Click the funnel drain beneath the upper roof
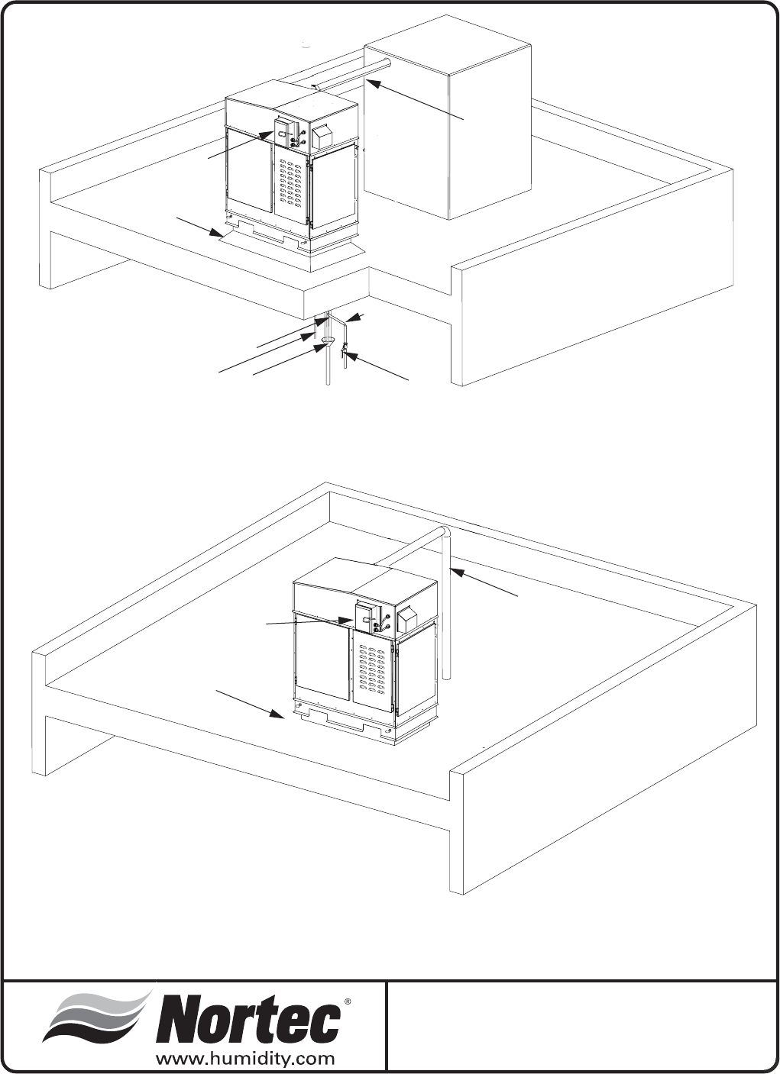click(x=329, y=340)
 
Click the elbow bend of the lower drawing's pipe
click(x=444, y=531)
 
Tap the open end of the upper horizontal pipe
click(x=387, y=62)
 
